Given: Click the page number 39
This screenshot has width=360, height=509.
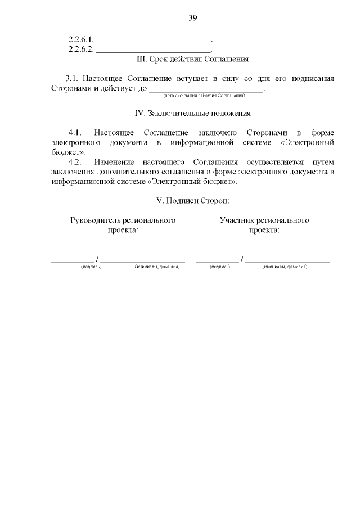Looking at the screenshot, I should point(193,18).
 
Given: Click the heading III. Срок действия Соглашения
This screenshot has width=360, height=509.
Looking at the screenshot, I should point(193,58).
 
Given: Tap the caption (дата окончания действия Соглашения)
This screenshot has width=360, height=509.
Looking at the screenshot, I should point(200,96).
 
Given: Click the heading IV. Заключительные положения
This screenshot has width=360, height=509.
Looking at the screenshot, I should point(193,113).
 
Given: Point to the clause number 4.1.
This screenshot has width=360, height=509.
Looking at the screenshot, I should point(75,133).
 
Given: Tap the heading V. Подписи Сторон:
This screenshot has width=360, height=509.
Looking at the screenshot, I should point(193,200).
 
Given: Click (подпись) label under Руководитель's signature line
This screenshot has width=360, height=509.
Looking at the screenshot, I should point(91,267).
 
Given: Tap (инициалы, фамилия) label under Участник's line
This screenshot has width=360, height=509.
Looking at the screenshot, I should point(285,267).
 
